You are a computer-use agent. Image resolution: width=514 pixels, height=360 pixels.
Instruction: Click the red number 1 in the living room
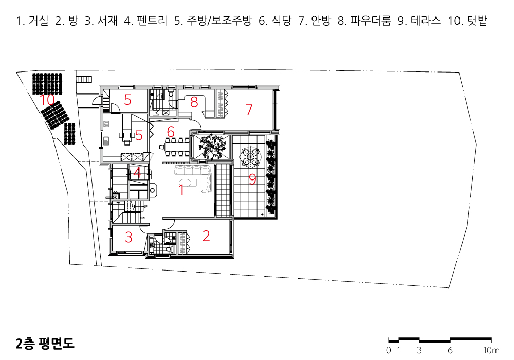pyautogui.click(x=181, y=190)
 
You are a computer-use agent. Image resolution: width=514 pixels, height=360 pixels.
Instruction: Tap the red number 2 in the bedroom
pyautogui.click(x=206, y=236)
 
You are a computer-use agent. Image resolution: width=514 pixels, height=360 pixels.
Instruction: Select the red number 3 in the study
pyautogui.click(x=128, y=238)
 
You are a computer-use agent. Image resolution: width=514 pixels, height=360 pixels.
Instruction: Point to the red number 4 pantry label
pyautogui.click(x=137, y=173)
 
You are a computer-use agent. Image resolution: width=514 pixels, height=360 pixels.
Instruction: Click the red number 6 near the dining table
pyautogui.click(x=171, y=132)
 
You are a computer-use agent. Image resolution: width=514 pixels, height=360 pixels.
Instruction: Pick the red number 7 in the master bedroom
pyautogui.click(x=249, y=110)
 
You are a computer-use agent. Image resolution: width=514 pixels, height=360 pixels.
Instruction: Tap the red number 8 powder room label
pyautogui.click(x=194, y=102)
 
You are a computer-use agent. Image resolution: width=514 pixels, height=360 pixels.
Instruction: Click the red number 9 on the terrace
pyautogui.click(x=252, y=179)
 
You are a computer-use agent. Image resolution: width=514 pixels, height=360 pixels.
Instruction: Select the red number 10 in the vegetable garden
pyautogui.click(x=47, y=100)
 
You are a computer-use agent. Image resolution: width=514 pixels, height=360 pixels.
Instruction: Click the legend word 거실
pyautogui.click(x=39, y=21)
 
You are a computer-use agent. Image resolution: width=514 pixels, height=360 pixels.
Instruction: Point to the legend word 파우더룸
pyautogui.click(x=371, y=21)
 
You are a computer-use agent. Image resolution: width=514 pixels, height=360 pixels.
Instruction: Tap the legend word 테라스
pyautogui.click(x=426, y=21)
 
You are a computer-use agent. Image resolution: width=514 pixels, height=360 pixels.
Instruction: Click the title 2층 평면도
pyautogui.click(x=45, y=343)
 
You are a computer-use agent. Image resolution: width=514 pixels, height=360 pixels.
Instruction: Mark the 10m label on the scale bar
pyautogui.click(x=491, y=350)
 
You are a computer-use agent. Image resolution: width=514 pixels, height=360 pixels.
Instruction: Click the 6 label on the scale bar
pyautogui.click(x=450, y=350)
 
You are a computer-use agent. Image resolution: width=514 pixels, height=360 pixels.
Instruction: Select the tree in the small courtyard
pyautogui.click(x=211, y=147)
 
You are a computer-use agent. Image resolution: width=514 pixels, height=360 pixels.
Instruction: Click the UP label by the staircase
pyautogui.click(x=145, y=207)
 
